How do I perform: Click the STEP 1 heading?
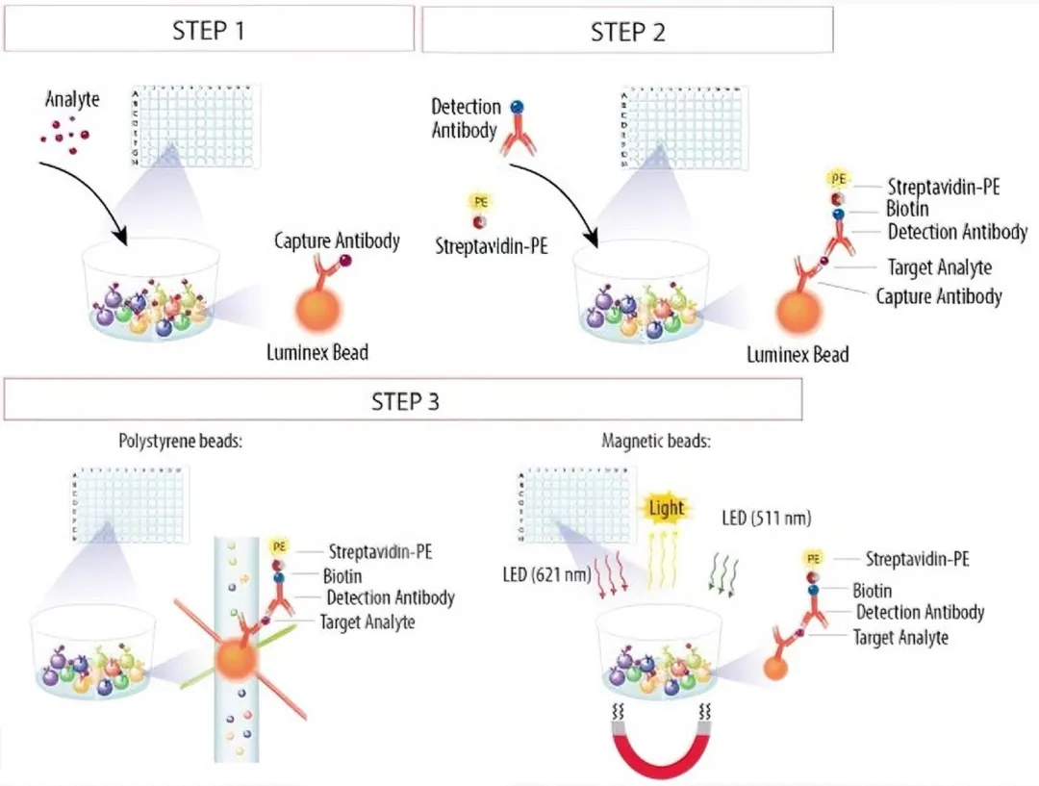(x=209, y=29)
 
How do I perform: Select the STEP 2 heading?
(x=627, y=31)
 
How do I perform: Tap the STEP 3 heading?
(x=405, y=400)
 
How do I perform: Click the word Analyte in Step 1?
(x=72, y=98)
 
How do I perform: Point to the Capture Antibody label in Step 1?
(x=337, y=240)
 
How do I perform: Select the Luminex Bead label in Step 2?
(x=798, y=354)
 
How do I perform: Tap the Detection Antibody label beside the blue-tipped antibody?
(x=466, y=117)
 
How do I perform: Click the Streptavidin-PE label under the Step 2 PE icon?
(x=492, y=245)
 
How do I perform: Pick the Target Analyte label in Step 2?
(x=939, y=267)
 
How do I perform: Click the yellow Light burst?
(x=667, y=507)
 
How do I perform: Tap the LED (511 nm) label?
(x=767, y=519)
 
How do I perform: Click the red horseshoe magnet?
(x=659, y=749)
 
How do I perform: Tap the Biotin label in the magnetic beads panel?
(x=872, y=590)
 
